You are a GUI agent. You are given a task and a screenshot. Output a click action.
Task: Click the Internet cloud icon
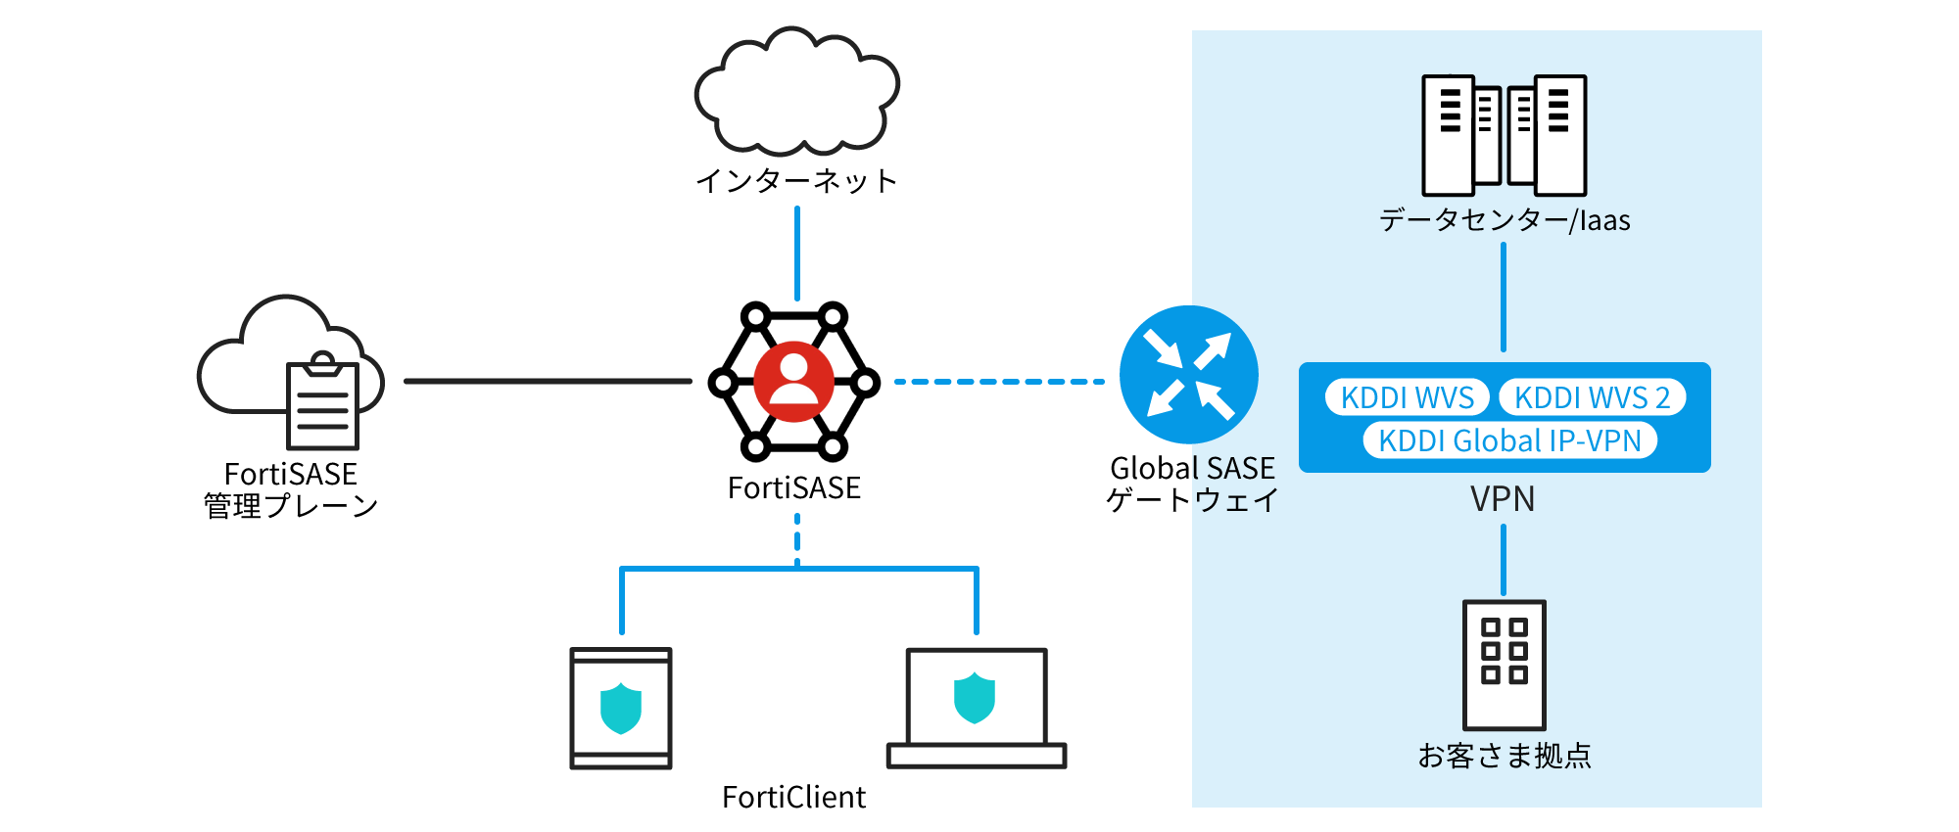tap(796, 93)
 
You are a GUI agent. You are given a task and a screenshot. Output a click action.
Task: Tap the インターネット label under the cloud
tap(796, 181)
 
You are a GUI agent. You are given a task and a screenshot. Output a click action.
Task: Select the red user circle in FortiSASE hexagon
tap(794, 382)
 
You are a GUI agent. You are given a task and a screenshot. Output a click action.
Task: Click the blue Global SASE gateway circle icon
tap(1189, 375)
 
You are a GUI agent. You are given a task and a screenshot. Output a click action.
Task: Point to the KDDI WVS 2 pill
tap(1592, 397)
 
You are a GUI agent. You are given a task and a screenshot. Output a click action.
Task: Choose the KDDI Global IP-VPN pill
tap(1509, 440)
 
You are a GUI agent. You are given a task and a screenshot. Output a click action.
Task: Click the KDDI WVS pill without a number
tap(1407, 397)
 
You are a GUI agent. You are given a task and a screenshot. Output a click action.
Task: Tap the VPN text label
tap(1503, 499)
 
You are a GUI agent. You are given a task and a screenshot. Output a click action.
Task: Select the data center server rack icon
tap(1504, 135)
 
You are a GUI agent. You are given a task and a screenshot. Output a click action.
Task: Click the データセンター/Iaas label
tap(1505, 220)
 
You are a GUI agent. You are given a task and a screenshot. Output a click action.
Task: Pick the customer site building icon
tap(1504, 665)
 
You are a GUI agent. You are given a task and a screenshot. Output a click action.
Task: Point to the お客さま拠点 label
tap(1505, 756)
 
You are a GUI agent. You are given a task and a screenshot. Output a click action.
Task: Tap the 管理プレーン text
tap(291, 506)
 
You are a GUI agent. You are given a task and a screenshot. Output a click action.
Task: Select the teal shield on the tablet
tap(621, 709)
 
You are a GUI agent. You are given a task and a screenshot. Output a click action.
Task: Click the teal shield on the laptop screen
tap(975, 698)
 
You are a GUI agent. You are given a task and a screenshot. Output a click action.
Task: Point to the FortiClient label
tap(793, 798)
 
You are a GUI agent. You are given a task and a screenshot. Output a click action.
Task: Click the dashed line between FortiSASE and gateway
tap(999, 382)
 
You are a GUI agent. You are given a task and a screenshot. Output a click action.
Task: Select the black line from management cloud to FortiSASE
tap(548, 382)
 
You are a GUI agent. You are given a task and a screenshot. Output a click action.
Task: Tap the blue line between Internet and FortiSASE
tap(797, 253)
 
